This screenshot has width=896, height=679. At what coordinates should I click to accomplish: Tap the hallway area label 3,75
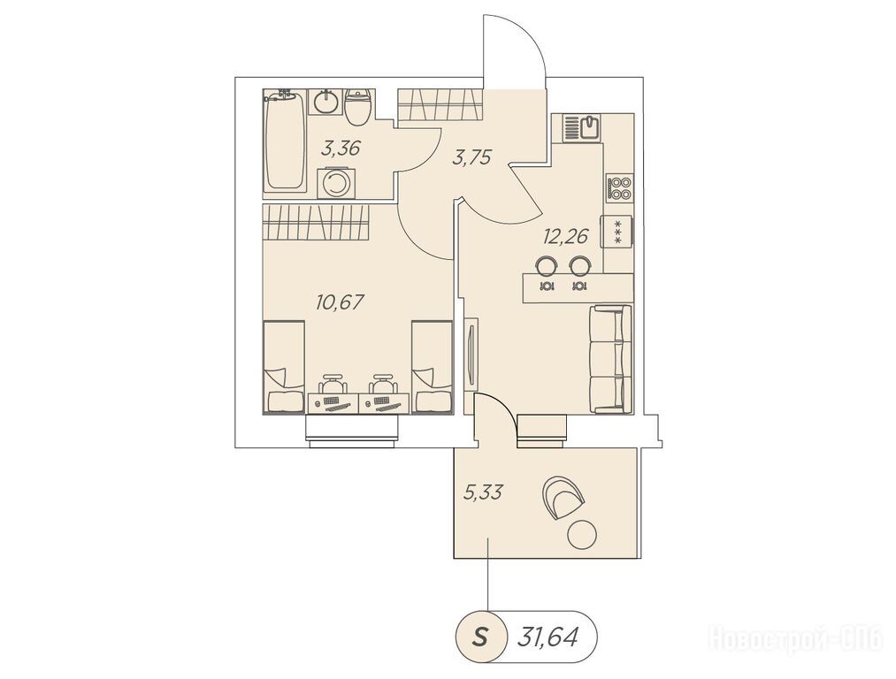471,157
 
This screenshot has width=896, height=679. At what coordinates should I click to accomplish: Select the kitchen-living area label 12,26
566,235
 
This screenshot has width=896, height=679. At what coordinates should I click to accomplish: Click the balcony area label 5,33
483,491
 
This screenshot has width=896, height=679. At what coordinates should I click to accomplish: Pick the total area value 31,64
548,636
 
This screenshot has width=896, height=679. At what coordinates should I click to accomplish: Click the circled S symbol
480,636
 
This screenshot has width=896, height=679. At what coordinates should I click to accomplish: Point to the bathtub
285,141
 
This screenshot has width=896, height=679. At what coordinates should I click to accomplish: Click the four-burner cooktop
620,188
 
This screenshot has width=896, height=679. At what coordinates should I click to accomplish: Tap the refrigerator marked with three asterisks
616,232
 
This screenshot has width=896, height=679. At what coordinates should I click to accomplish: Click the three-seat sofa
610,359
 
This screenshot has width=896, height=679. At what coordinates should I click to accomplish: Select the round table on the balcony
582,535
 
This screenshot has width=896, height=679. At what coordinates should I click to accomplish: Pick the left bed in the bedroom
283,367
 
